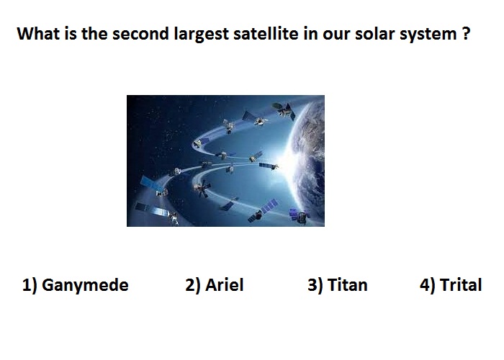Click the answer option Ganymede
coord(85,286)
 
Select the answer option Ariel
coord(225,285)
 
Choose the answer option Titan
coord(348,285)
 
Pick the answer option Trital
coord(461,285)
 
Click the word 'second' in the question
coord(141,33)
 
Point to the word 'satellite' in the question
coord(266,33)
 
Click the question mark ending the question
coord(467,33)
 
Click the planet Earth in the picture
coord(307,161)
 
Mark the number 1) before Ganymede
coord(30,285)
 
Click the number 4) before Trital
coord(427,285)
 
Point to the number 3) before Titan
coord(315,285)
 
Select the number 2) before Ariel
coord(193,285)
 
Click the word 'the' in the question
coord(94,33)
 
